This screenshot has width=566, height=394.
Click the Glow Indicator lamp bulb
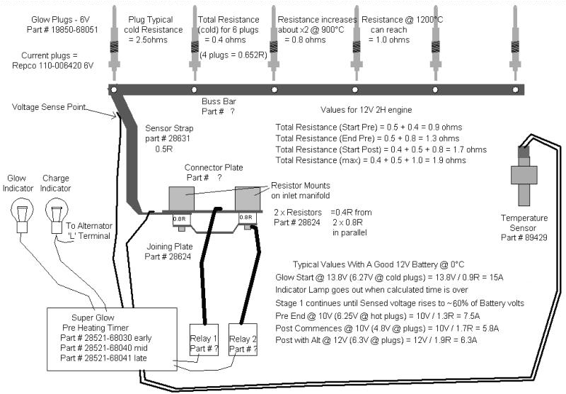coord(19,212)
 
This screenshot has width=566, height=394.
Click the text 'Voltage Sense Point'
coord(49,108)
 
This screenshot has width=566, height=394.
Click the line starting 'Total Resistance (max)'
coord(370,160)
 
